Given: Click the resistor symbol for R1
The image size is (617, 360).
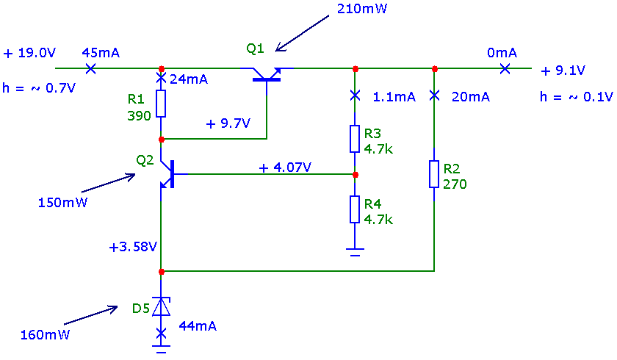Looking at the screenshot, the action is click(x=161, y=104).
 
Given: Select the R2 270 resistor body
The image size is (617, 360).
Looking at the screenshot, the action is click(x=434, y=174).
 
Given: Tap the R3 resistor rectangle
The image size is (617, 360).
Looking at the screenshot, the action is click(x=355, y=139).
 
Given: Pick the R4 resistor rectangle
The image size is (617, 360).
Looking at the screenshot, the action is click(x=355, y=209).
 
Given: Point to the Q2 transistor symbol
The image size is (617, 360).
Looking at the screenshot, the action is click(x=169, y=174).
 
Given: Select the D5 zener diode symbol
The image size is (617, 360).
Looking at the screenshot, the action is click(x=162, y=306).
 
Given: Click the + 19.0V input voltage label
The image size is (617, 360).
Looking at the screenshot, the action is click(x=29, y=53).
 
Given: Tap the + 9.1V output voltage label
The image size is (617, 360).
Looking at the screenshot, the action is click(x=563, y=71).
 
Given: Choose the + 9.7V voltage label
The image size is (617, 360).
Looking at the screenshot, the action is click(x=228, y=123).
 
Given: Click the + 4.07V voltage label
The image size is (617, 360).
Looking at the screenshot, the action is click(x=285, y=168).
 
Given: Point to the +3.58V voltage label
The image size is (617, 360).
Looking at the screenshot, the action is click(x=133, y=247).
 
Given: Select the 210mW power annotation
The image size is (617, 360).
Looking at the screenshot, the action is click(x=362, y=9).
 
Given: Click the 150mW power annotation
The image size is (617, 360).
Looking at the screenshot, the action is click(x=62, y=202).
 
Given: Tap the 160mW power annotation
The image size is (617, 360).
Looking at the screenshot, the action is click(x=45, y=335).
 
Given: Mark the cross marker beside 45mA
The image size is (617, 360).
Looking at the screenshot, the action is click(x=90, y=68).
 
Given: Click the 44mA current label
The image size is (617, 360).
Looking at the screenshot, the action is click(x=198, y=326).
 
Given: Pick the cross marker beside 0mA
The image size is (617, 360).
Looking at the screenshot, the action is click(x=505, y=69).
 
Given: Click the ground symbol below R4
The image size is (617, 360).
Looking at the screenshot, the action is click(x=355, y=252).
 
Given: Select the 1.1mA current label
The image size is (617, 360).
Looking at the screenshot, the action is click(x=394, y=97).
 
